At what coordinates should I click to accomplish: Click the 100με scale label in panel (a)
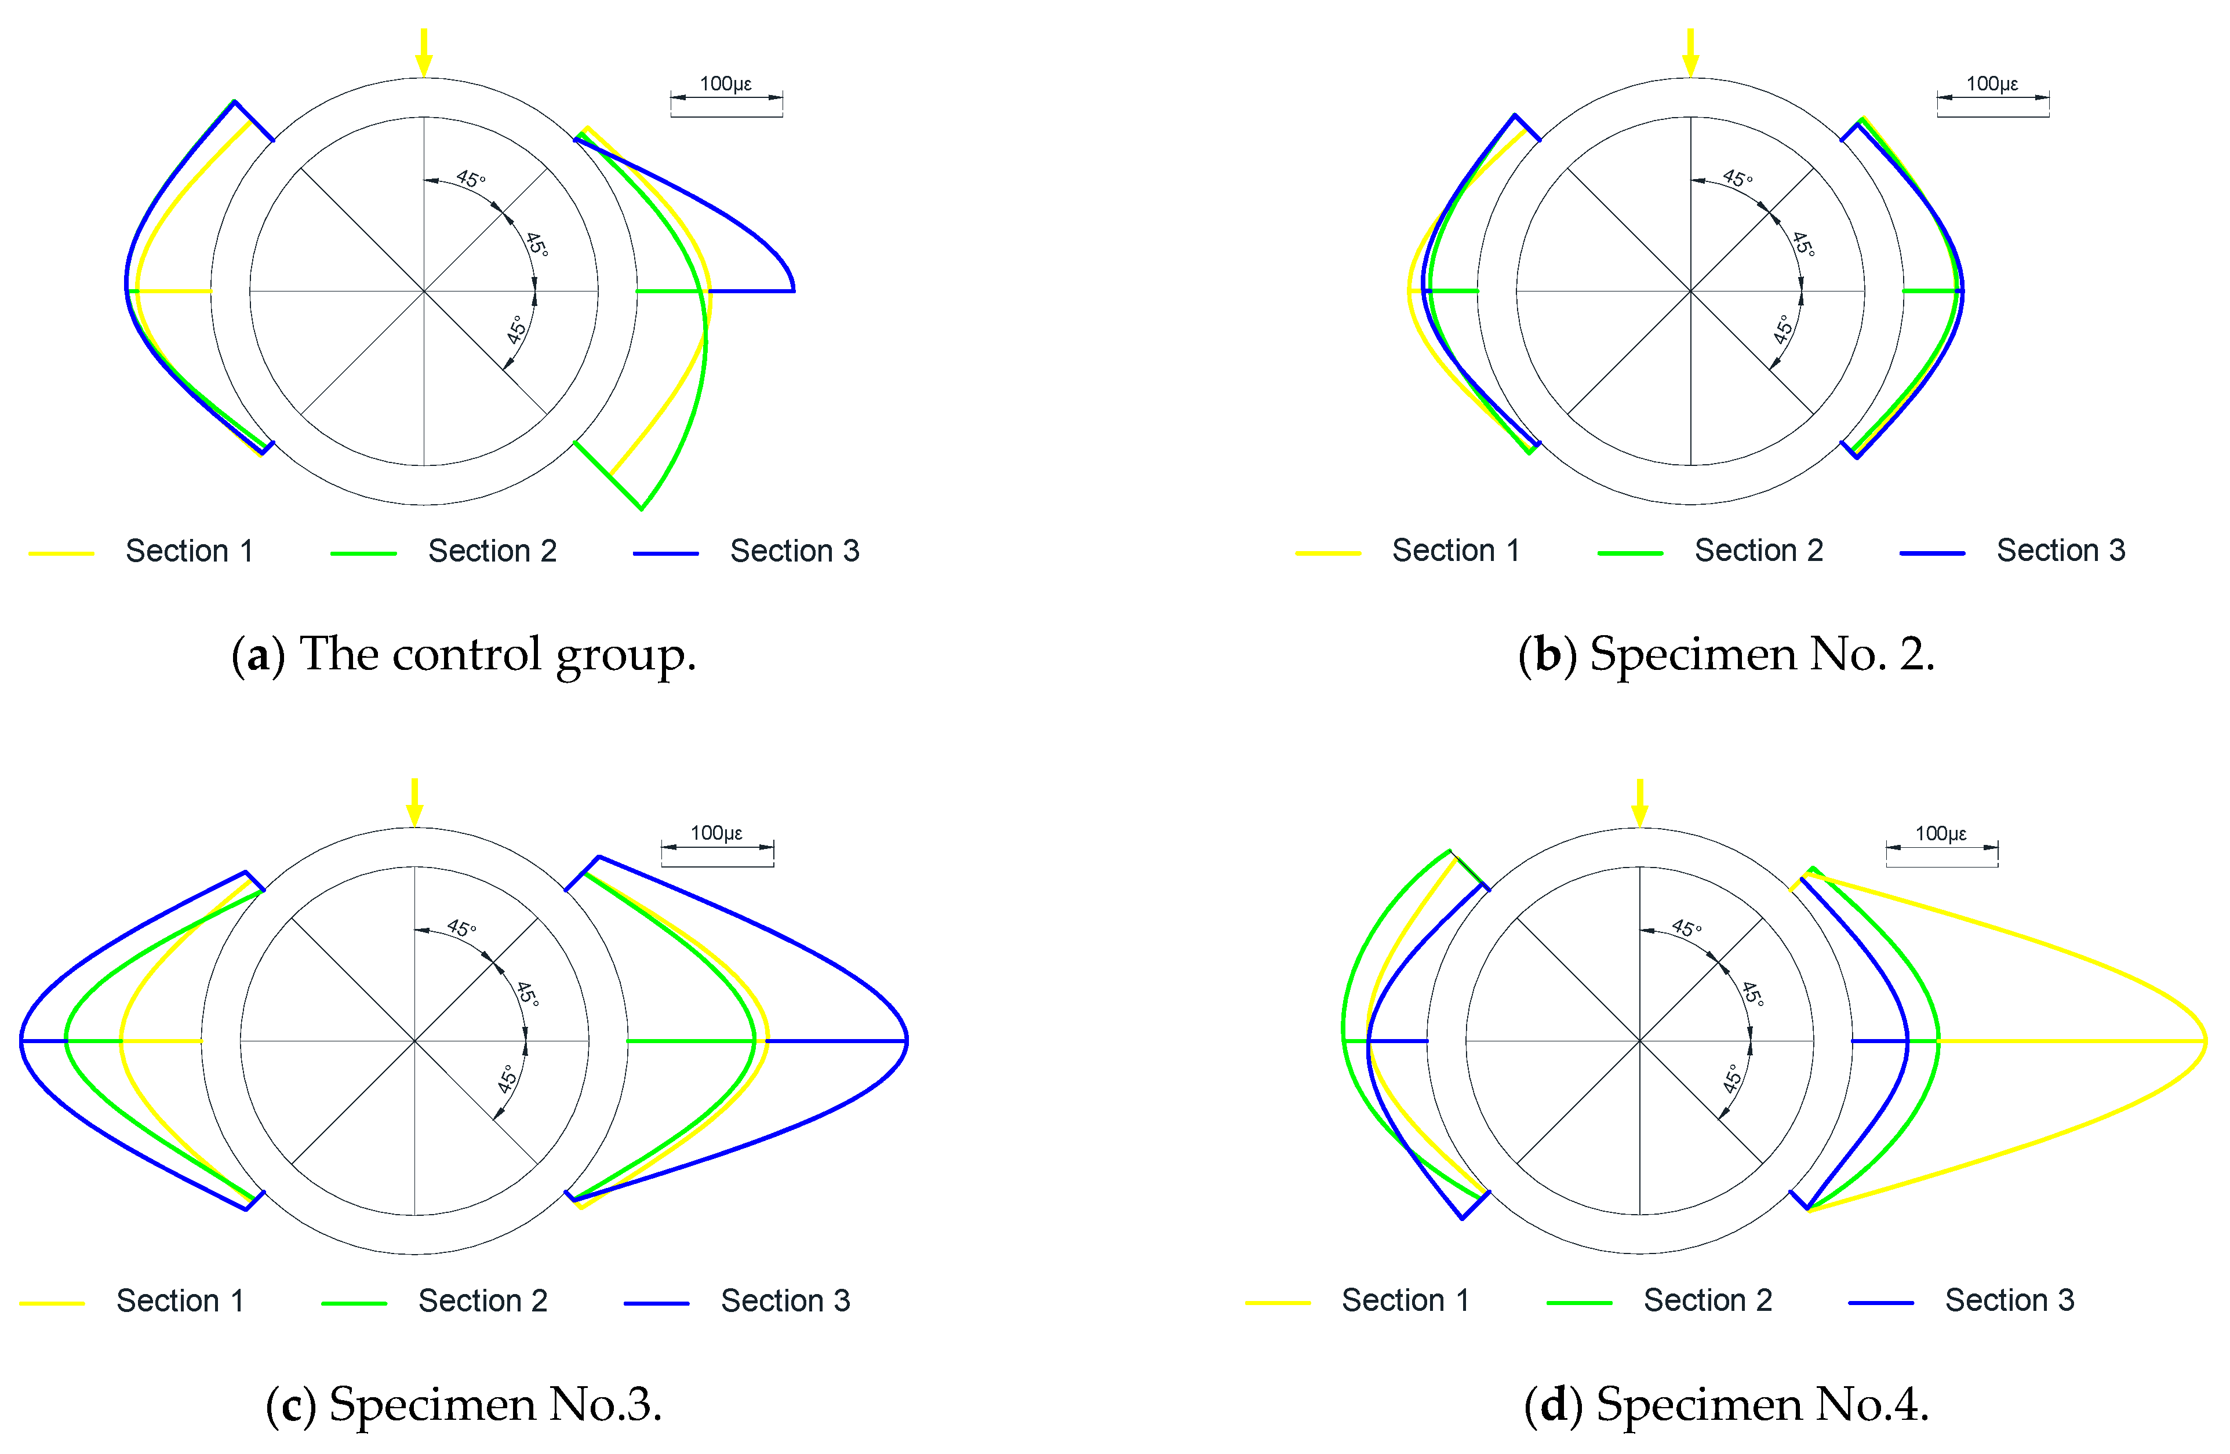[x=725, y=84]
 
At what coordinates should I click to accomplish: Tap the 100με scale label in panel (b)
[x=1991, y=84]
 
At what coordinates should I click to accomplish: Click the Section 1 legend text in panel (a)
[x=190, y=551]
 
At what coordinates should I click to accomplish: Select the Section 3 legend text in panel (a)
[x=795, y=551]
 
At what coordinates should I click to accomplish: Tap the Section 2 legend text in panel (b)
[x=1759, y=551]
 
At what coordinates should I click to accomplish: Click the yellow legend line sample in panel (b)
[x=1327, y=553]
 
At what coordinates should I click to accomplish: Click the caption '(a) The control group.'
[x=464, y=654]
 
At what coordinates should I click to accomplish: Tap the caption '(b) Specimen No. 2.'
[x=1726, y=654]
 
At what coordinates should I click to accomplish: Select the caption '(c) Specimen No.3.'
[x=464, y=1404]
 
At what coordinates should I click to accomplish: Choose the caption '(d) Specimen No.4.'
[x=1726, y=1404]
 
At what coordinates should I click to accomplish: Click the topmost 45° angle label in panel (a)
[x=470, y=178]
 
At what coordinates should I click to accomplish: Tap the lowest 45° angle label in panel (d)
[x=1733, y=1078]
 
